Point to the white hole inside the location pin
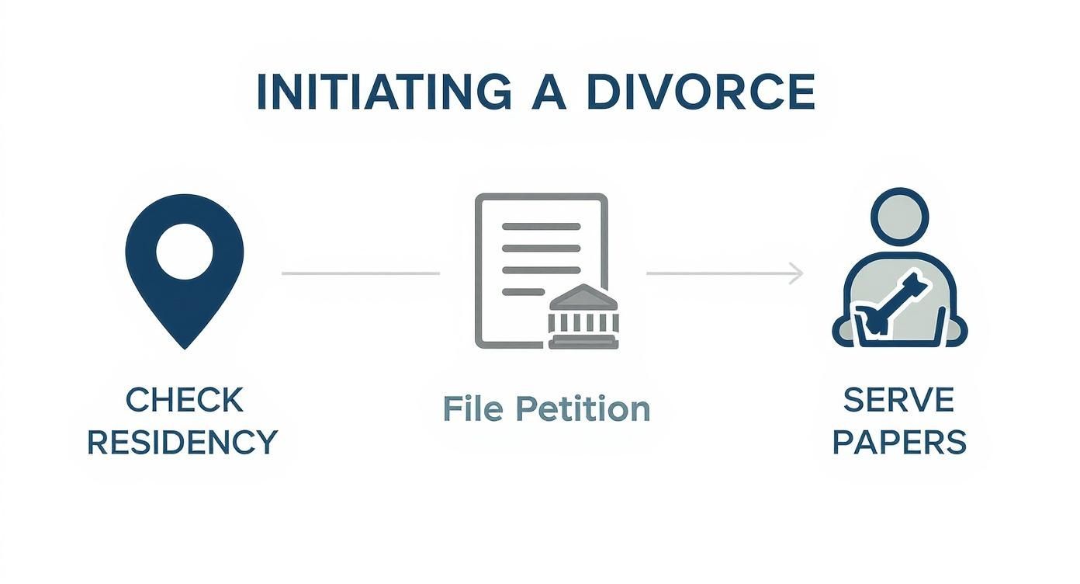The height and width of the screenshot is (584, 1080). [x=184, y=252]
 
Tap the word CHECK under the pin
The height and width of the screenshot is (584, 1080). [x=184, y=401]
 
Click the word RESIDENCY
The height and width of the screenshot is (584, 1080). [x=182, y=443]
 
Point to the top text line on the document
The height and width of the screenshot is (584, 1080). [x=541, y=227]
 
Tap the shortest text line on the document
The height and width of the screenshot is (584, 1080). [x=523, y=292]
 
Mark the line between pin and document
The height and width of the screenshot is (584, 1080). [x=360, y=273]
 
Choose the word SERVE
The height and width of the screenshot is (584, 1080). [x=898, y=401]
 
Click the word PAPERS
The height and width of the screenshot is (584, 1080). [x=899, y=443]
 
